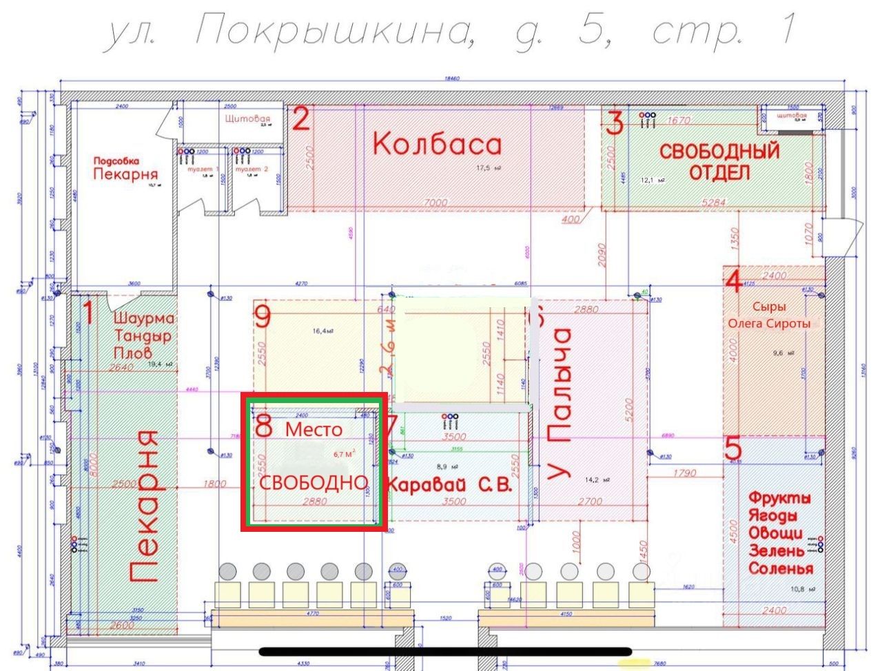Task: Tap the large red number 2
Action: (x=301, y=119)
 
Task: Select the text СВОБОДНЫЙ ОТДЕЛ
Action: (x=719, y=161)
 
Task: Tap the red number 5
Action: (x=733, y=448)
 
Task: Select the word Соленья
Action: (x=780, y=569)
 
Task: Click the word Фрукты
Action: (x=779, y=498)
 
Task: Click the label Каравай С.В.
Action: (x=449, y=485)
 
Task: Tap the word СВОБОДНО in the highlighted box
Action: (x=314, y=482)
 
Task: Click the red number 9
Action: (x=263, y=316)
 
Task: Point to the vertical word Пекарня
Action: (x=146, y=507)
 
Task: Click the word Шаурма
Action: (x=143, y=319)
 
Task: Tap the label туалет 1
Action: (x=198, y=169)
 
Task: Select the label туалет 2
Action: (x=252, y=169)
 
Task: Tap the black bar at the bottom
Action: (x=445, y=651)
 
